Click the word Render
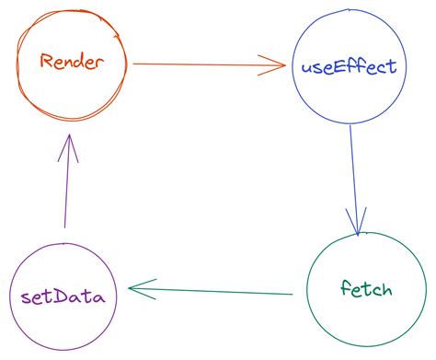[73, 63]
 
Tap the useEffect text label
[349, 67]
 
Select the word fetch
[366, 290]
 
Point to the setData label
[63, 296]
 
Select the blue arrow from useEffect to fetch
[353, 175]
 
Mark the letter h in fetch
[386, 289]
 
